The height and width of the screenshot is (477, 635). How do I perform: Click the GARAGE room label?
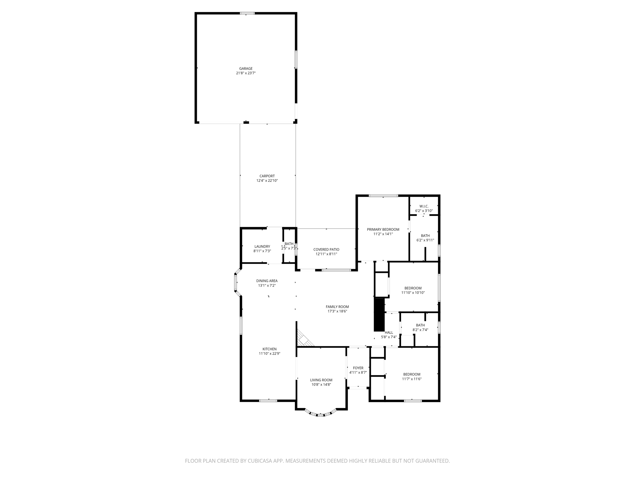[246, 69]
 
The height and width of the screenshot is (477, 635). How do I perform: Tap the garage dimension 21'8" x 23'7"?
[246, 73]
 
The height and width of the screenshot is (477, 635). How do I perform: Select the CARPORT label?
[267, 176]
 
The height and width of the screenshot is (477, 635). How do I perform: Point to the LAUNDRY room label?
[262, 247]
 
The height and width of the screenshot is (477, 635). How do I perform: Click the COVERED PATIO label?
[326, 249]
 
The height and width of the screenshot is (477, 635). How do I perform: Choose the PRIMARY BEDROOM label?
[383, 229]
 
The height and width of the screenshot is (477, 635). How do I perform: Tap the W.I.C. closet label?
[424, 206]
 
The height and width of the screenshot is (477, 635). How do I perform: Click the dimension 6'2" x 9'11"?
[425, 240]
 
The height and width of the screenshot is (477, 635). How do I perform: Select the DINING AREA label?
[267, 281]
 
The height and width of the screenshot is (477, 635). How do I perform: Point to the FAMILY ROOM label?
[337, 307]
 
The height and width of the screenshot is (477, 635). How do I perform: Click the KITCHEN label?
[269, 349]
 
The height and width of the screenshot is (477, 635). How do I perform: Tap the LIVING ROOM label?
[321, 380]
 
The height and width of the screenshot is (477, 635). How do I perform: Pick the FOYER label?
[358, 368]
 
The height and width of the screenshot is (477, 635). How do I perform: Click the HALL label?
[389, 333]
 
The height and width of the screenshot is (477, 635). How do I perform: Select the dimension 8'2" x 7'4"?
[420, 330]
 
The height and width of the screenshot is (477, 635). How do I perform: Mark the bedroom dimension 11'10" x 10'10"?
[413, 293]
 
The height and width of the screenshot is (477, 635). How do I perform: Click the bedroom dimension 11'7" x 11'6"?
[412, 379]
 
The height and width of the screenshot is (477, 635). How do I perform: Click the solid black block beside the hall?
[379, 315]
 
